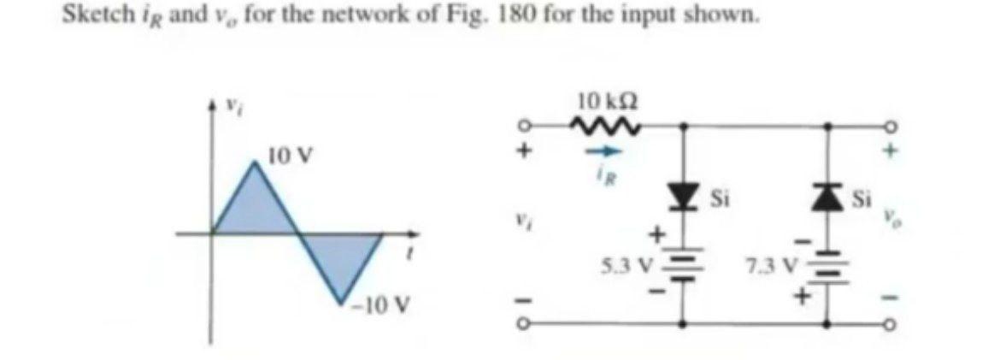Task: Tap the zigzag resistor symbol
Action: (x=605, y=127)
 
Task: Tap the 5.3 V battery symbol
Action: (x=681, y=267)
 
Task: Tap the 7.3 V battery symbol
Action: (x=826, y=267)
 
